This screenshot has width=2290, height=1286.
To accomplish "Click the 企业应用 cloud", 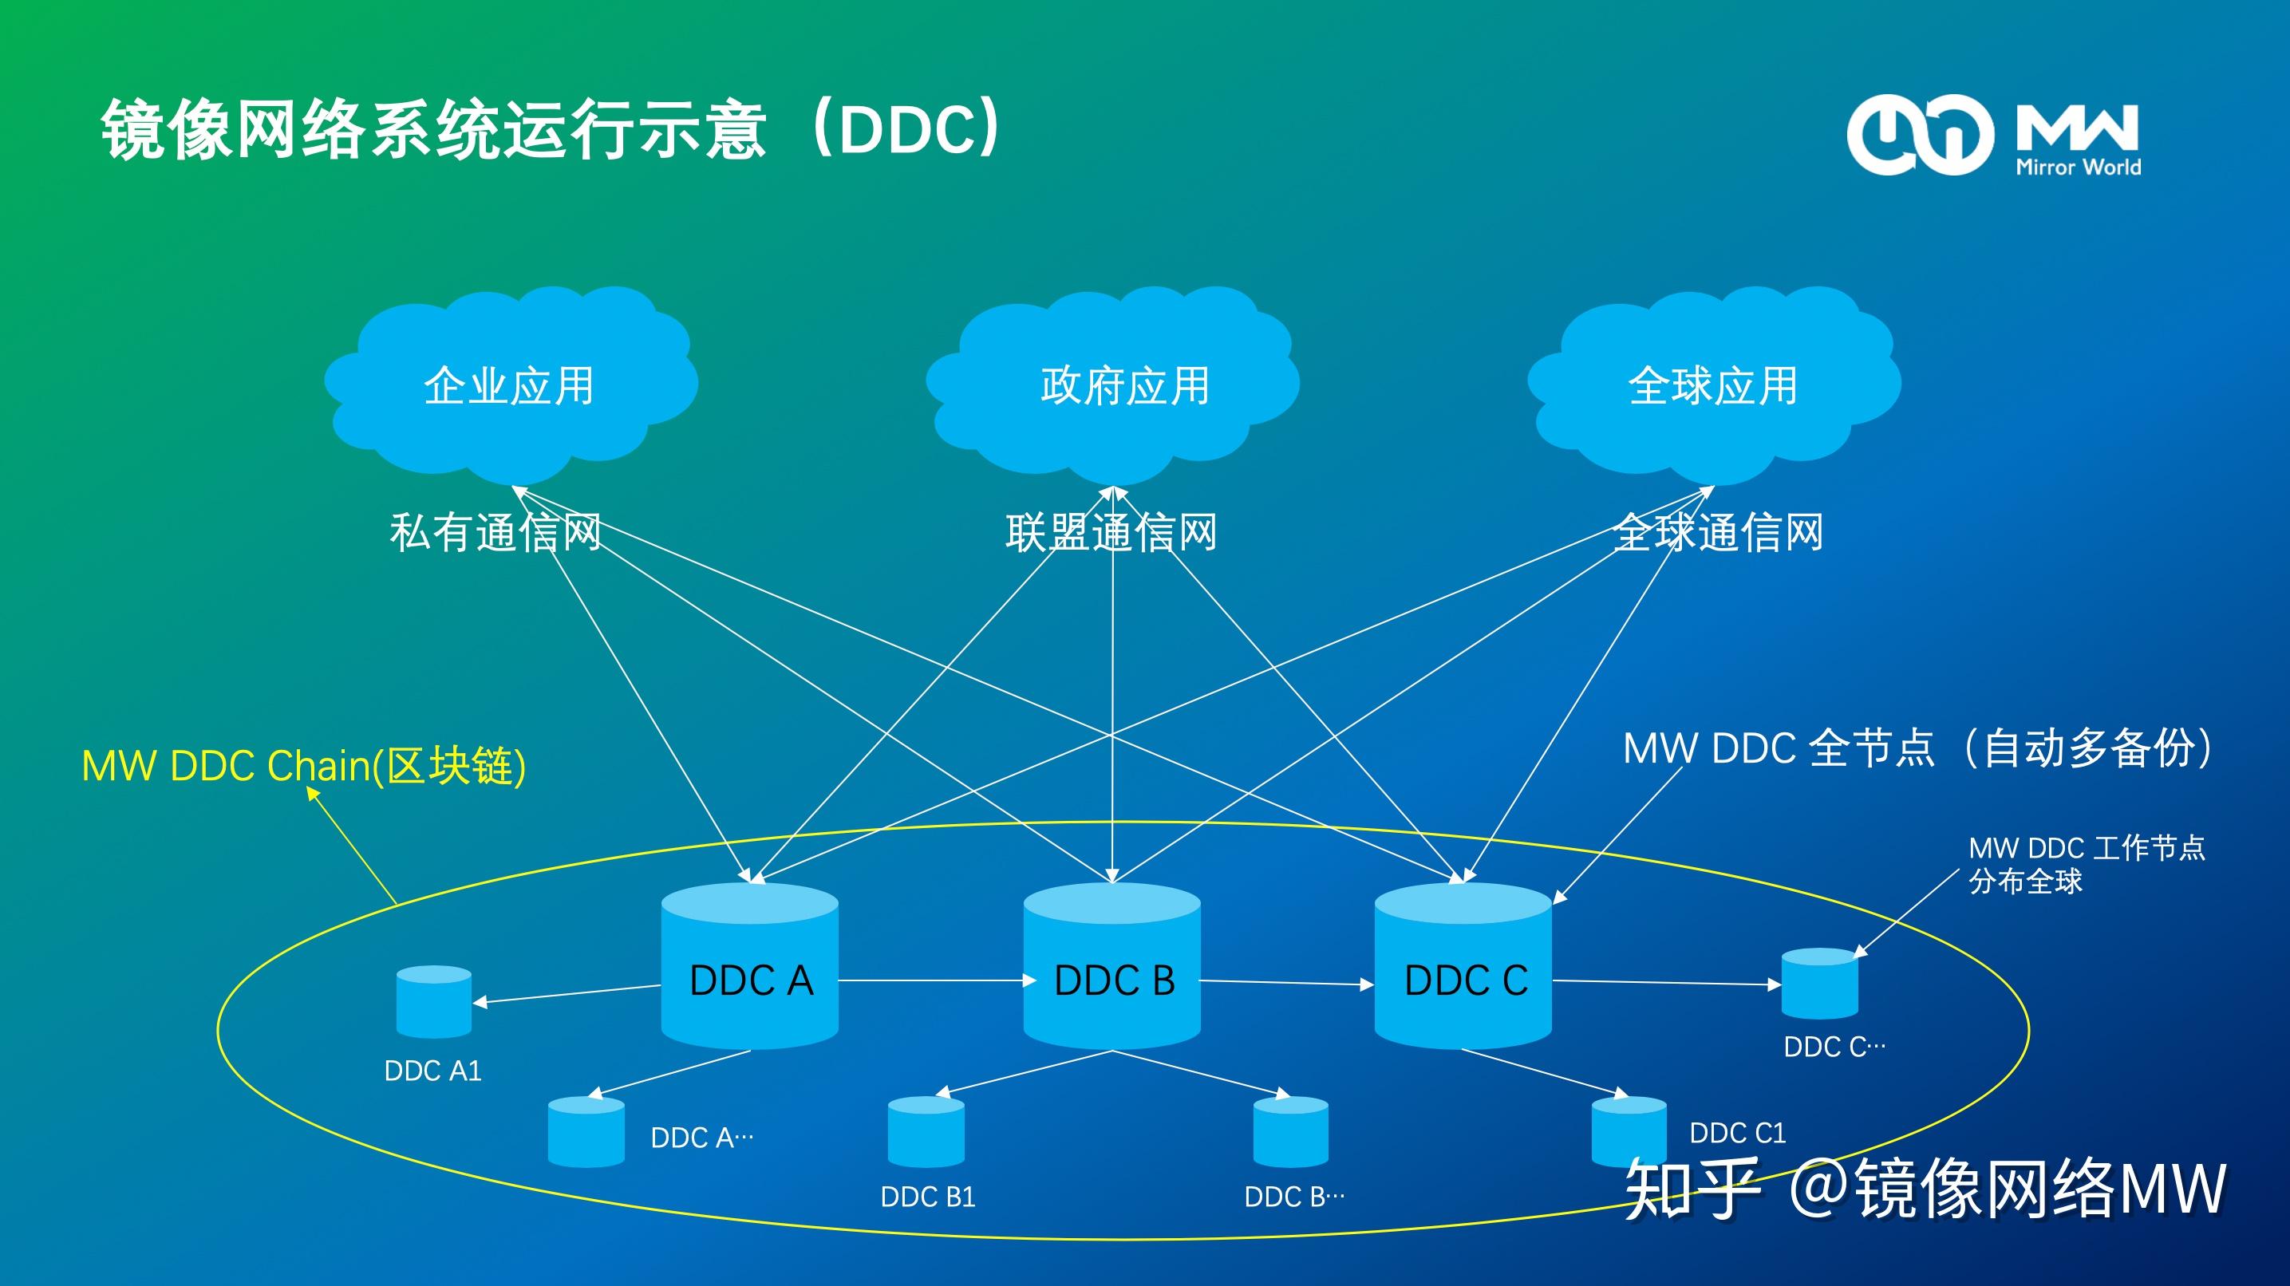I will click(x=509, y=385).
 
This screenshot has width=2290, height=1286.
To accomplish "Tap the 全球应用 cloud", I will click(x=1713, y=385).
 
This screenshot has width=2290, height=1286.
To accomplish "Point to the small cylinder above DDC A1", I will click(x=434, y=1002).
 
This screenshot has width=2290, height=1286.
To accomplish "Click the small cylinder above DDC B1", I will click(x=926, y=1131).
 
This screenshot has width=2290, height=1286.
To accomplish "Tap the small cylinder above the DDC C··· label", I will click(x=1820, y=984).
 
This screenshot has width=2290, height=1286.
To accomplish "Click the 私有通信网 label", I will click(x=496, y=532).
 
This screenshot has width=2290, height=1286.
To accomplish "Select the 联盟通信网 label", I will click(x=1111, y=532).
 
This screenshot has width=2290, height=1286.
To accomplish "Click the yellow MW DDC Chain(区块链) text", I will click(x=303, y=766).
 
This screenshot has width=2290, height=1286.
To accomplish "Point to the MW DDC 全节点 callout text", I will click(x=1917, y=748).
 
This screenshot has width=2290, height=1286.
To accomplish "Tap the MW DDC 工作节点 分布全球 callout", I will click(x=2086, y=864).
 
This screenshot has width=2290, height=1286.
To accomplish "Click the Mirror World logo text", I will click(x=2078, y=166).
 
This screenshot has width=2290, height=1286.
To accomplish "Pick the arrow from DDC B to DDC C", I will click(x=1287, y=983).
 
